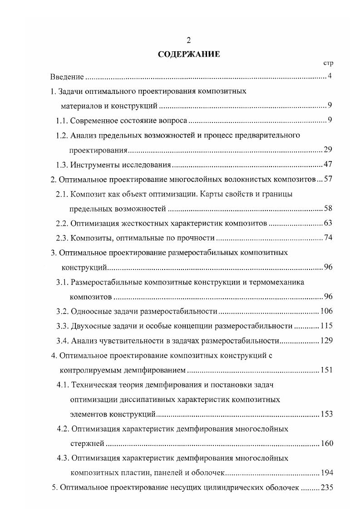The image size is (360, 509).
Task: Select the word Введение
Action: [x=67, y=77]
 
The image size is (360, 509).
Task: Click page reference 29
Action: [x=329, y=150]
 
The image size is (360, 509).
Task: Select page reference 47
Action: [x=329, y=164]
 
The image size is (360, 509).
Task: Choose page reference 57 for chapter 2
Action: [x=329, y=179]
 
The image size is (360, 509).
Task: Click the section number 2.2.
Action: [x=62, y=223]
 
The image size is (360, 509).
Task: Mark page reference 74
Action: [x=329, y=238]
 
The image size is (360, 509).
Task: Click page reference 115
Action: [x=327, y=326]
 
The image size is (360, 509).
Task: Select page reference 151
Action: [x=327, y=370]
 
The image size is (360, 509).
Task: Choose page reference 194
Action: [x=327, y=473]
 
